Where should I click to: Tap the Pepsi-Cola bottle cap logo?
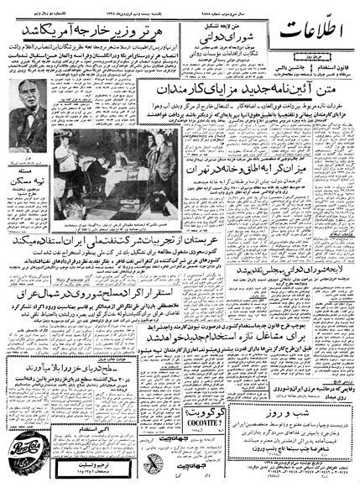click(x=33, y=458)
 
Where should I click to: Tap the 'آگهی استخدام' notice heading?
click(x=84, y=431)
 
